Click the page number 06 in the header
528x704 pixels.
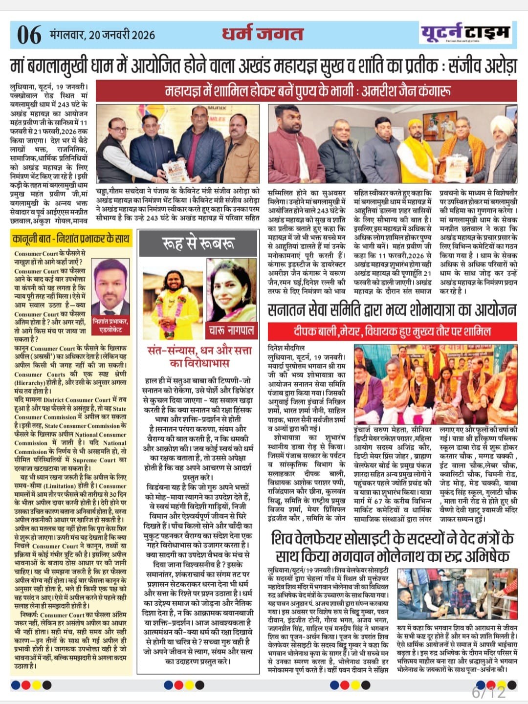29,35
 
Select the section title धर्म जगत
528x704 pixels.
263,34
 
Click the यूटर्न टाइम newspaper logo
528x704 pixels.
465,33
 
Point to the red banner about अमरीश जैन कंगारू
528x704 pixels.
306,91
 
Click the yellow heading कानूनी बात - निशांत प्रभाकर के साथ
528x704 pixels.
71,239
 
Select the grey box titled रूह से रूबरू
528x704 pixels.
198,242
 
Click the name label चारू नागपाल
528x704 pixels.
232,330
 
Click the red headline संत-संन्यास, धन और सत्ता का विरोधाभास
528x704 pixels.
200,356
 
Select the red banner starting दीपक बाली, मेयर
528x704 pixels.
392,332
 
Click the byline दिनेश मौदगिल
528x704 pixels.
286,348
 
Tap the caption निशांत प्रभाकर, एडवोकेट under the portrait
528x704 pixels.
110,325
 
